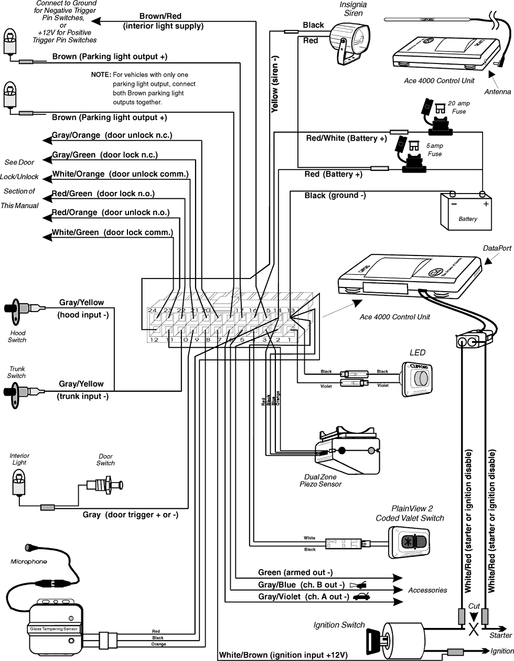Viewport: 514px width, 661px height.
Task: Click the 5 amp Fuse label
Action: [435, 150]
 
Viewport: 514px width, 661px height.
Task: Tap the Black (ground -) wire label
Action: [335, 196]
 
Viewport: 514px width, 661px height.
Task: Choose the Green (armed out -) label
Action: [295, 572]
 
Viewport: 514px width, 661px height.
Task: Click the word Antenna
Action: [497, 92]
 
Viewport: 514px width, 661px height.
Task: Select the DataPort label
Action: [496, 248]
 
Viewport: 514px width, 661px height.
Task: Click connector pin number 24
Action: [152, 311]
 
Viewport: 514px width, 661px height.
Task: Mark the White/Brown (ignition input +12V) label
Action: [283, 655]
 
